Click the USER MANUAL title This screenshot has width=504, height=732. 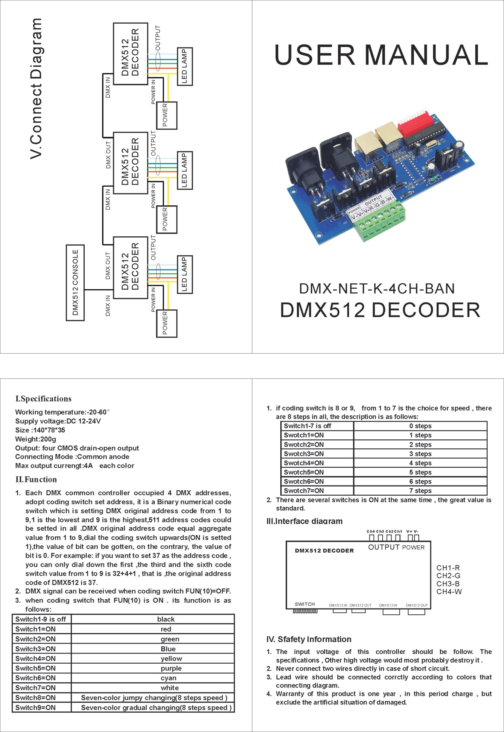tap(381, 55)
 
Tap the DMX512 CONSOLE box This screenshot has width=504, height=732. tap(75, 283)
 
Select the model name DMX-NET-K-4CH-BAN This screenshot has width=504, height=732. tap(377, 289)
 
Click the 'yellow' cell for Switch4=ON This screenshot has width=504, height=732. tap(171, 659)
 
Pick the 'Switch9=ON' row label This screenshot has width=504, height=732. tap(36, 708)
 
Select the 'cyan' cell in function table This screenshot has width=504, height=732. tap(168, 678)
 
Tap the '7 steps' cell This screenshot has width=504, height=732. tap(420, 491)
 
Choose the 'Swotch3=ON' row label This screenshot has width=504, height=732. tap(304, 454)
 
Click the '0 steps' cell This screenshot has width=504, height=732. tap(420, 426)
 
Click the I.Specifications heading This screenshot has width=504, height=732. tap(43, 399)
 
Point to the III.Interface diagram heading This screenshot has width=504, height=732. tap(304, 521)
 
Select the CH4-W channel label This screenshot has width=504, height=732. tap(449, 592)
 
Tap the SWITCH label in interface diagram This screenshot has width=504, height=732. tap(305, 604)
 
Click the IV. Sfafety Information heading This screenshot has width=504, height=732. tap(309, 639)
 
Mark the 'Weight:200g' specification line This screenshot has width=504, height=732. tap(36, 439)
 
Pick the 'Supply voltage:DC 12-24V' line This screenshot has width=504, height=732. tap(58, 421)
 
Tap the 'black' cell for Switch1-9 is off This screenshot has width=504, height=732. tap(166, 619)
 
